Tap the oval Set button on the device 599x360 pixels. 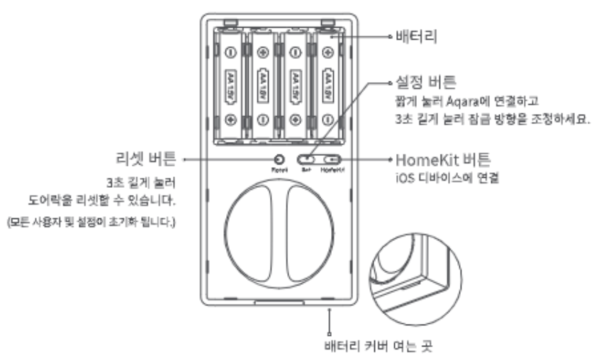click(306, 160)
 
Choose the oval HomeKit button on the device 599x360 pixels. click(331, 160)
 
